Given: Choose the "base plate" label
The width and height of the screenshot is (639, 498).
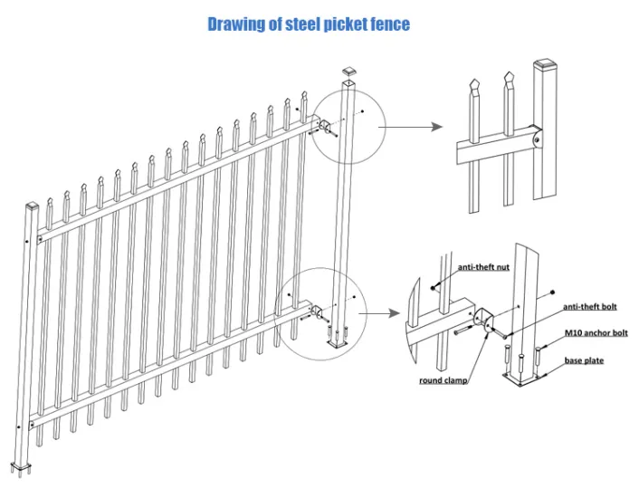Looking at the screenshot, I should coord(584,360).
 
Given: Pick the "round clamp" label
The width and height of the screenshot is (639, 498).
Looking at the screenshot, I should coord(443,381).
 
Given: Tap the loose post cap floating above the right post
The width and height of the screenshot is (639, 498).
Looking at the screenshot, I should coord(350,71).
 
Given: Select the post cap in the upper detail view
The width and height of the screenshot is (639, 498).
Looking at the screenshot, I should coord(545,65).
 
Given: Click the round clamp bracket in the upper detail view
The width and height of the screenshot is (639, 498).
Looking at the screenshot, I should coord(539,139).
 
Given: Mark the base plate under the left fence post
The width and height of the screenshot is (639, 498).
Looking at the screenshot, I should coord(25,468).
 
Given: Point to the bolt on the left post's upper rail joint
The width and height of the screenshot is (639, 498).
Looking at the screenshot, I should coord(41,240).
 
